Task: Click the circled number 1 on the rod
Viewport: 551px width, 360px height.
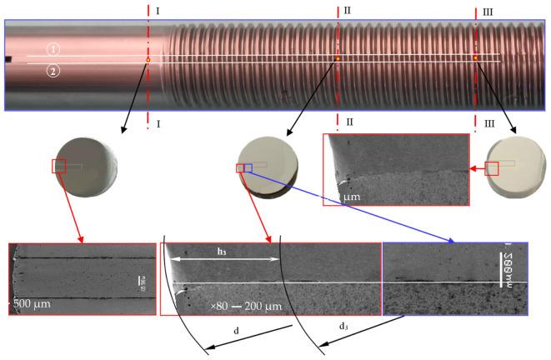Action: [53, 49]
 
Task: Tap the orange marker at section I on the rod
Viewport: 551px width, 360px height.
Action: [148, 60]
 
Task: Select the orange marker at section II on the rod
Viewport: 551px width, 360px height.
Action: [338, 58]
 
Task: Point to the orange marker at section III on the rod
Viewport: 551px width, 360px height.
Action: [476, 57]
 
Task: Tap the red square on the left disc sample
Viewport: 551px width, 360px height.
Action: [59, 166]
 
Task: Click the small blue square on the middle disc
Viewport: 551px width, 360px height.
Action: [247, 168]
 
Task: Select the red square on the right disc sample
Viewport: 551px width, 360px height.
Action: [493, 168]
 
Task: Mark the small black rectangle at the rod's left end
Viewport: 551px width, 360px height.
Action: [8, 60]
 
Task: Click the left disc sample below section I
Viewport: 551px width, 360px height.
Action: [83, 168]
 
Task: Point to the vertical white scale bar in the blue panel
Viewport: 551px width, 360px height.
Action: [504, 267]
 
